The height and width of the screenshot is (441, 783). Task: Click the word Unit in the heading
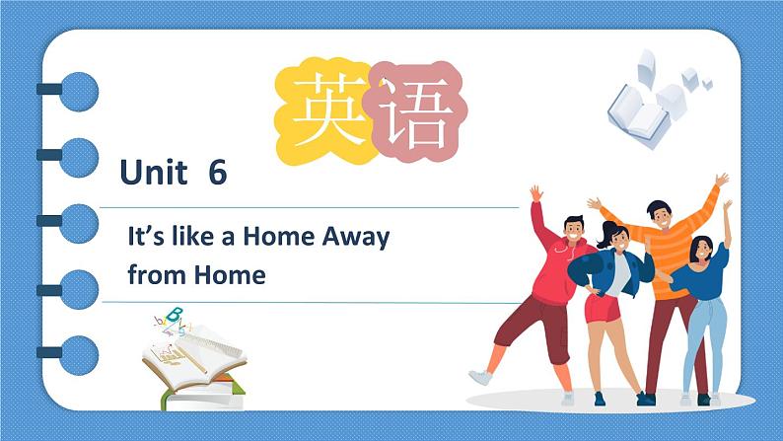point(153,174)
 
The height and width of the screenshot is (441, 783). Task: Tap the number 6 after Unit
point(218,174)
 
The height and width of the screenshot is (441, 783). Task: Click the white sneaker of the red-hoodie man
point(479,378)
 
